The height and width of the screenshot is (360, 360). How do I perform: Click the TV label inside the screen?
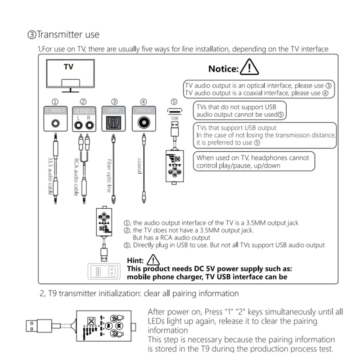click(68, 67)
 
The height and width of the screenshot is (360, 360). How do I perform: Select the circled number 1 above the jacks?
click(55, 102)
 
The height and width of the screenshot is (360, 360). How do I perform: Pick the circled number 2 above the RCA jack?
click(83, 102)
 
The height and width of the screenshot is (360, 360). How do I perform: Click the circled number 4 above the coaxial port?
click(143, 102)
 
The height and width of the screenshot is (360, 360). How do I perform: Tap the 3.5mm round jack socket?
click(56, 122)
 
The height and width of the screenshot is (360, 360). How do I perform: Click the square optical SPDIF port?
click(114, 122)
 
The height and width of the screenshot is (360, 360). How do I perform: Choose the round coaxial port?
click(144, 122)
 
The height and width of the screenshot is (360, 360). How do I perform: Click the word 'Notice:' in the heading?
click(223, 69)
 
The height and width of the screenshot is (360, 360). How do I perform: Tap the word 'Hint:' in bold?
click(135, 261)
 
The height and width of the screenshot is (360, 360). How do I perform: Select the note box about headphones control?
click(252, 161)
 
